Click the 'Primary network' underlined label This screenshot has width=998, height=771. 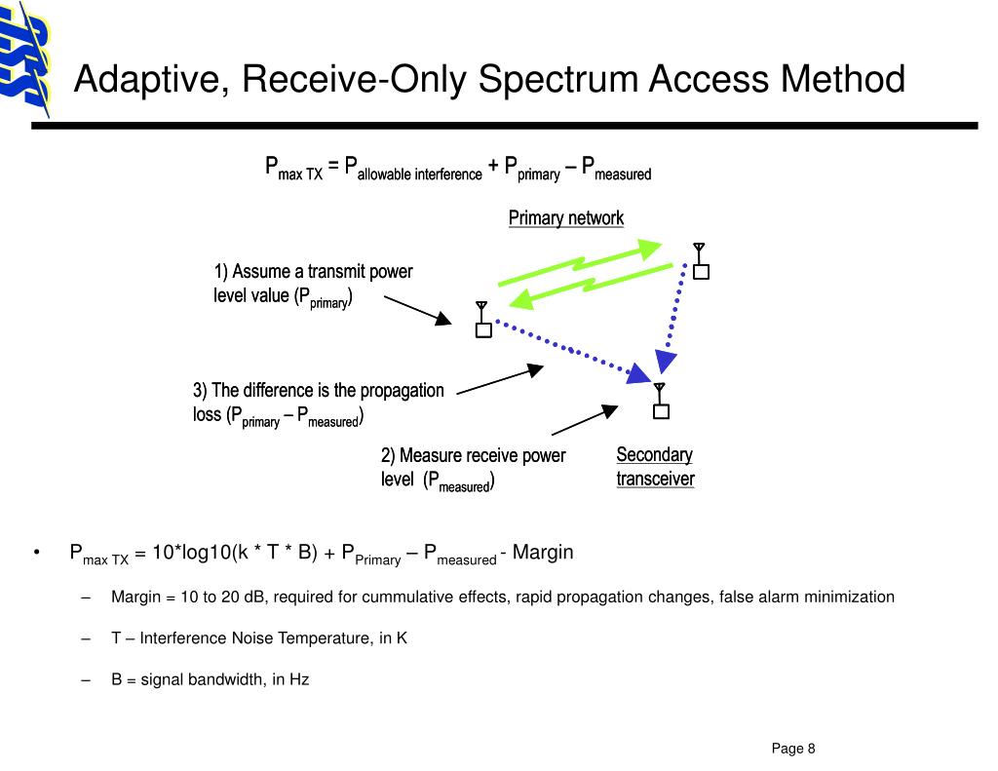(x=565, y=218)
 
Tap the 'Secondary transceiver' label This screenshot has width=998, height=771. (x=655, y=467)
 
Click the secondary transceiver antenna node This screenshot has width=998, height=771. (x=661, y=404)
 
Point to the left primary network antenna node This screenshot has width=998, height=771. (x=482, y=322)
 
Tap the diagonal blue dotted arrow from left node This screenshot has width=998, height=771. (x=575, y=348)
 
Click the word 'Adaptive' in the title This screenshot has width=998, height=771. (x=147, y=80)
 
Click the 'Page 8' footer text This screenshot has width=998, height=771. (x=793, y=749)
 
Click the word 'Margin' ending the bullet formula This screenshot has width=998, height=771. (x=543, y=553)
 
